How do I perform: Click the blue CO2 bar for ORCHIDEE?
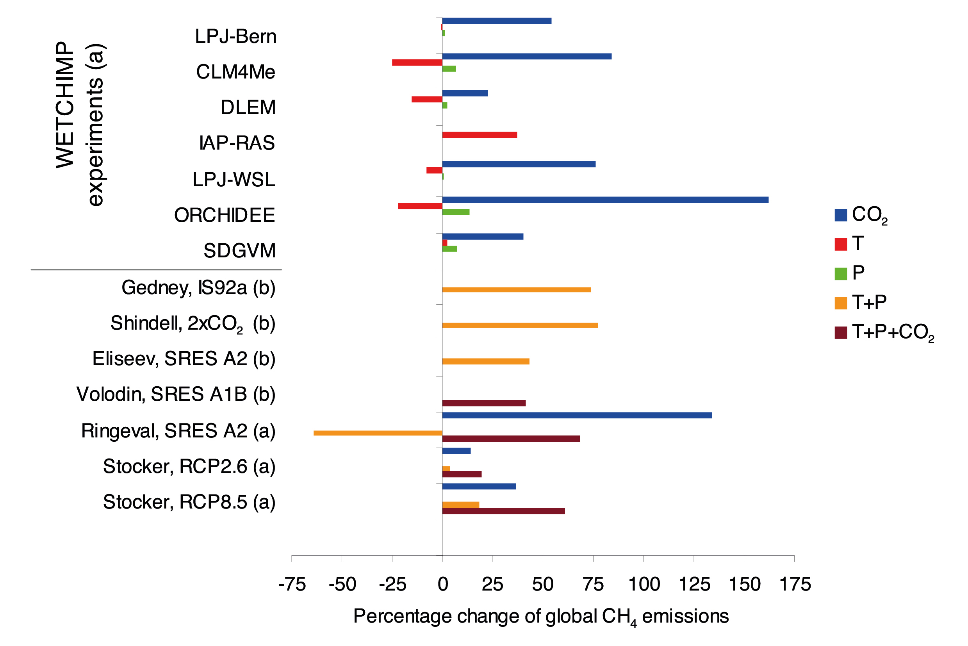point(605,200)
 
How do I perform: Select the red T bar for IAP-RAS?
point(480,135)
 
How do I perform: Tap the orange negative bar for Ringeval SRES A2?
point(378,433)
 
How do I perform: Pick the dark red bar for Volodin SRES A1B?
point(483,403)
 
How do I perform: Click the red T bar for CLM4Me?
point(417,62)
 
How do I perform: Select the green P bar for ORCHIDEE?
point(456,212)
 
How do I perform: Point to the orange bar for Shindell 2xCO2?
point(520,325)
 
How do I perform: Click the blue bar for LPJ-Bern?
point(496,21)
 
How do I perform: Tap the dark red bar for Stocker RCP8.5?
point(503,511)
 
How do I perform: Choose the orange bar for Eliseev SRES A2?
point(486,361)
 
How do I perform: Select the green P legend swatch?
point(840,273)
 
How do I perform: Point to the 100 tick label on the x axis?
point(644,584)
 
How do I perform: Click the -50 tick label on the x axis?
point(342,584)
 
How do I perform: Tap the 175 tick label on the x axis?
point(795,584)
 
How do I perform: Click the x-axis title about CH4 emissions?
point(541,617)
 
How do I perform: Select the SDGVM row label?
point(239,251)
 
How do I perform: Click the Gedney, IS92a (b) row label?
point(198,287)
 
